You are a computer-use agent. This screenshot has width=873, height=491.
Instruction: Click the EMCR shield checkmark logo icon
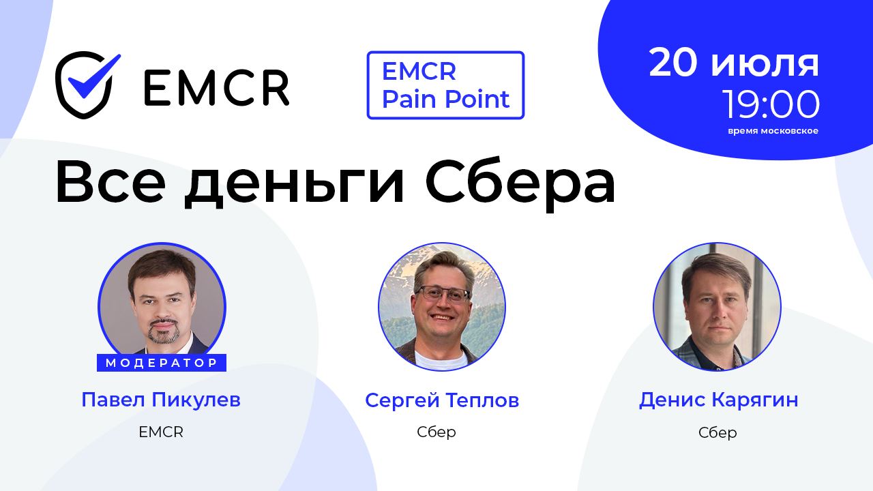click(87, 85)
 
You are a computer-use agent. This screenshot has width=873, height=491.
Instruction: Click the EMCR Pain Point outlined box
click(445, 85)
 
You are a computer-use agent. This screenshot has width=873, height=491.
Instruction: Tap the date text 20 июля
click(734, 63)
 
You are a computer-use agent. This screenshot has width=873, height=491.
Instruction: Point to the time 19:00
click(771, 105)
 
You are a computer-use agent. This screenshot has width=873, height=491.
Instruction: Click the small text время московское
click(773, 131)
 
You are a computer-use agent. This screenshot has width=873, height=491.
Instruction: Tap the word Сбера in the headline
click(520, 184)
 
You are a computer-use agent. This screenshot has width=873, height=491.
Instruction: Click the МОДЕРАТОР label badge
click(162, 363)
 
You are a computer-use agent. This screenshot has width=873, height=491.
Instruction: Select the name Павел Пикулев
click(161, 400)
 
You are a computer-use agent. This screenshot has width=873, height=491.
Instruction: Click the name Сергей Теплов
click(442, 400)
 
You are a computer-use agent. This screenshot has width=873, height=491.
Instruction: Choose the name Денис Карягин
click(718, 400)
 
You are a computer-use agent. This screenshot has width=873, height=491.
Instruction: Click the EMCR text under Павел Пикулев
click(161, 432)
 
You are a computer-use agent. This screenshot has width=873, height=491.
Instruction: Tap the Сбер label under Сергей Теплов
click(436, 432)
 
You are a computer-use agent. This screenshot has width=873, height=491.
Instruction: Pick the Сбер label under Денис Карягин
click(717, 433)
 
